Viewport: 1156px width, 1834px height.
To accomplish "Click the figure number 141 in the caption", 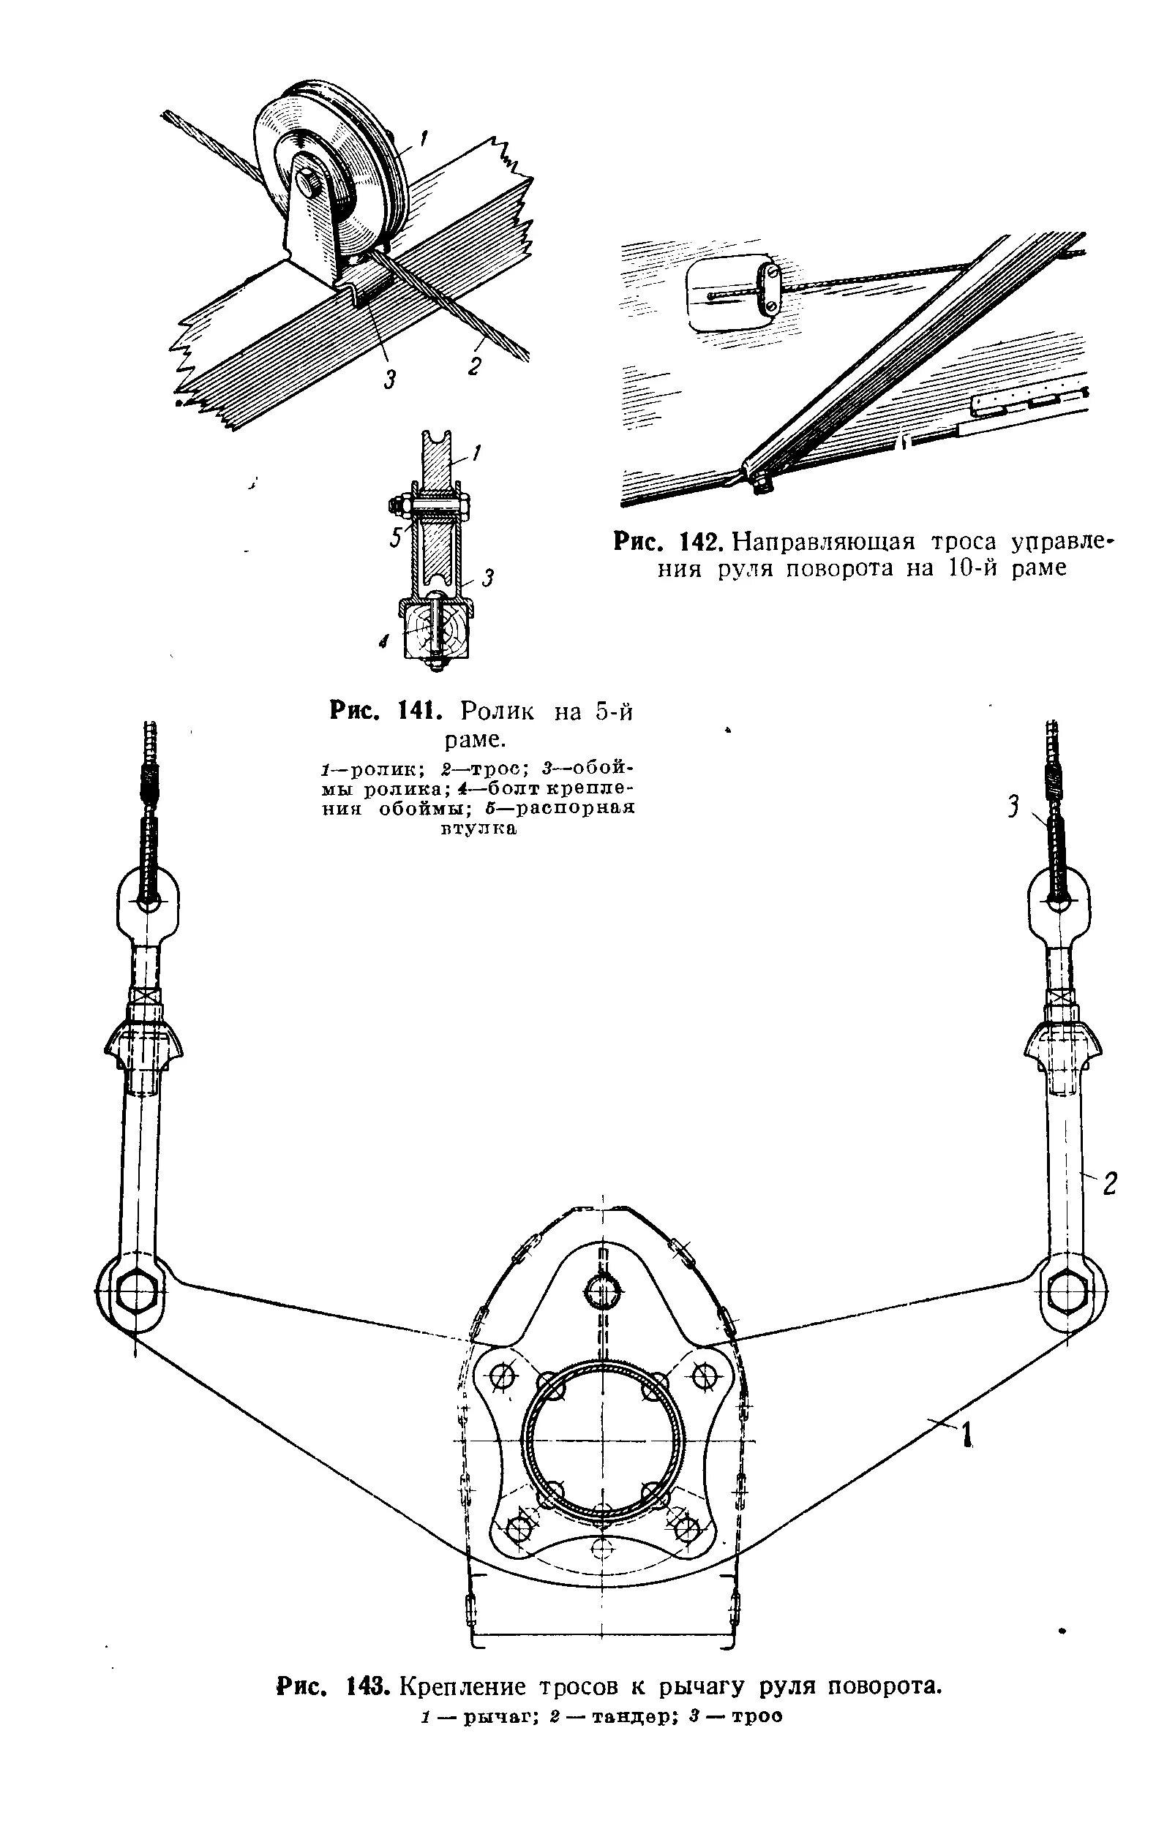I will point(418,712).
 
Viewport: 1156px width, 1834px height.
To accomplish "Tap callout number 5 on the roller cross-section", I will point(395,537).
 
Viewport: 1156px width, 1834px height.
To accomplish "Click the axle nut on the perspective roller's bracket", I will point(309,184).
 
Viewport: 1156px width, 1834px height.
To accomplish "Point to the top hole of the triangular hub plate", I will point(603,1287).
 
